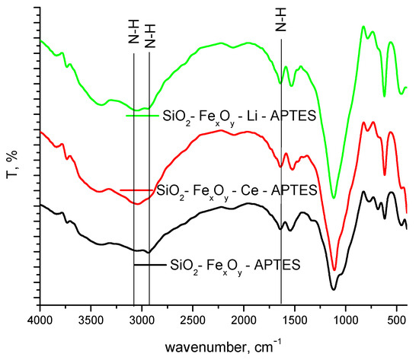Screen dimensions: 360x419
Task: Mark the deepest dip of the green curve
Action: click(x=333, y=198)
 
